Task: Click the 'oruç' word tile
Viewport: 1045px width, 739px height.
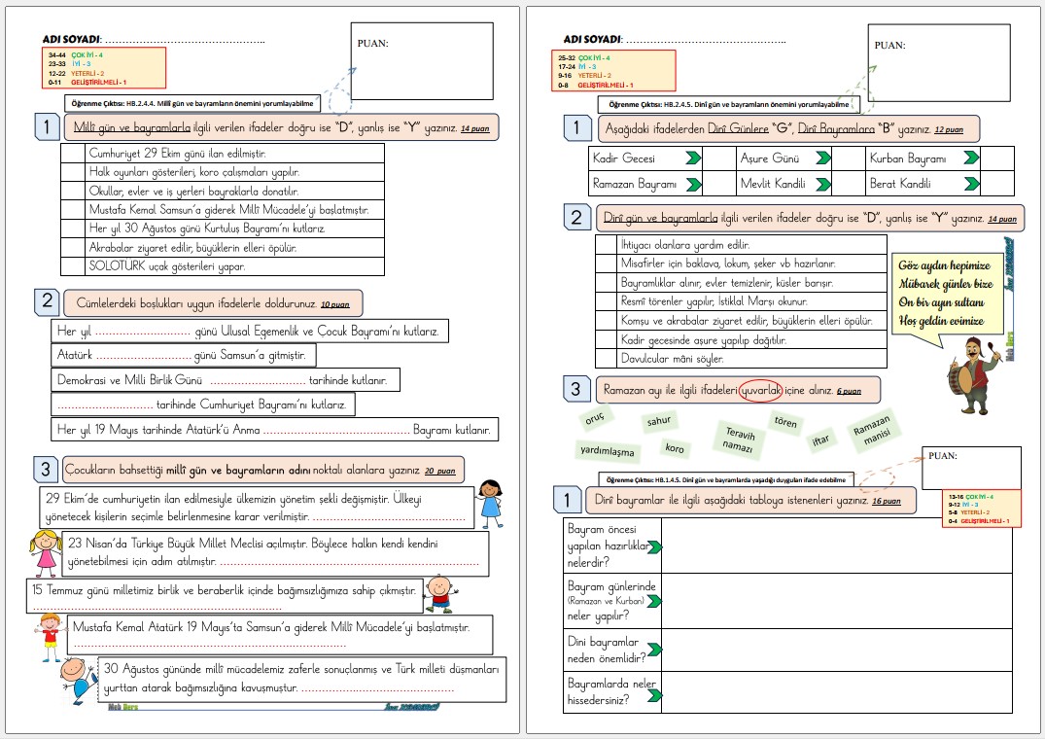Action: click(595, 419)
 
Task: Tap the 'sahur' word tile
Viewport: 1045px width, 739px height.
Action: click(660, 422)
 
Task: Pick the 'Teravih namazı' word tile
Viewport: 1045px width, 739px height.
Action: click(739, 438)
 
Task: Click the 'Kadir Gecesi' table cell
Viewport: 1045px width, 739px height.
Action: click(624, 158)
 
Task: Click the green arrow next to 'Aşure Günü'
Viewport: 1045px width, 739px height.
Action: click(822, 158)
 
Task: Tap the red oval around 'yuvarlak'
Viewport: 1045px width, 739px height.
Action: click(760, 390)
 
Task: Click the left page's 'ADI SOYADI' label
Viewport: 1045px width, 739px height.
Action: click(73, 39)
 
